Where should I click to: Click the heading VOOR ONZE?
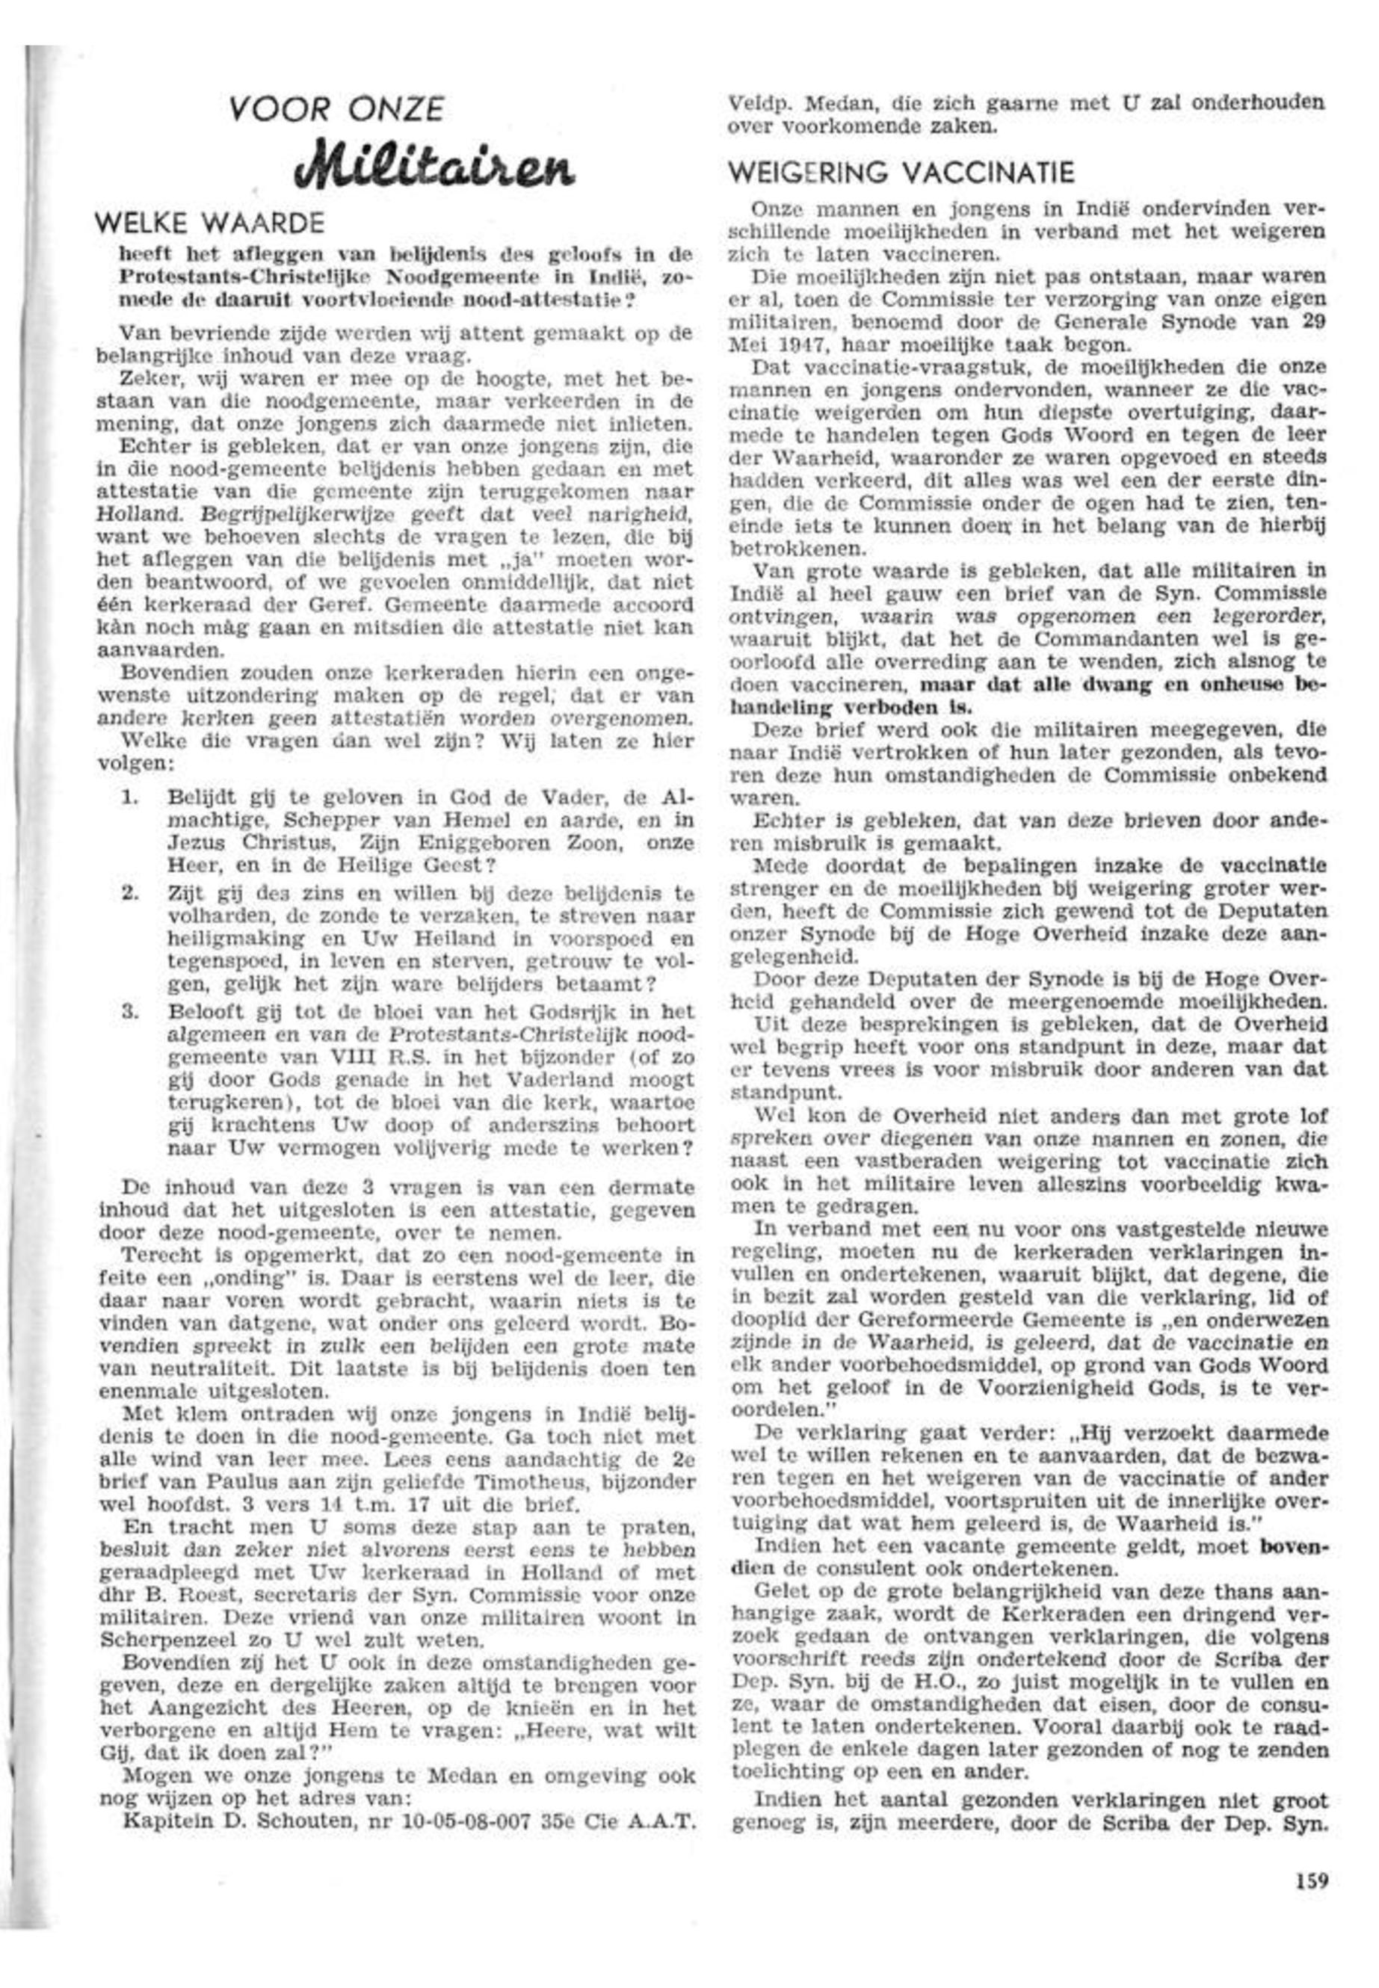click(x=337, y=110)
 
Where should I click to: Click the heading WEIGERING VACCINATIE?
click(x=902, y=173)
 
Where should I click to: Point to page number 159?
click(x=1311, y=1877)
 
